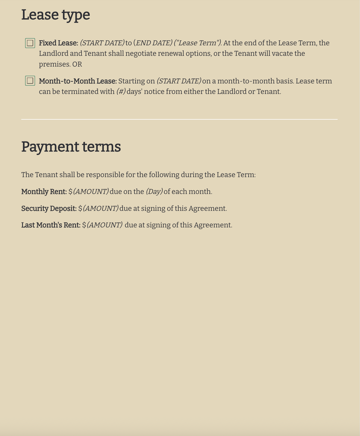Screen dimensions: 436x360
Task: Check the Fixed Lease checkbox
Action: pos(30,43)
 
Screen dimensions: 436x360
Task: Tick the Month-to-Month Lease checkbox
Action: pos(30,81)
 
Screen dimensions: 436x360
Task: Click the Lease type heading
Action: pos(55,15)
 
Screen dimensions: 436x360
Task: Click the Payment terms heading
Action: pos(71,146)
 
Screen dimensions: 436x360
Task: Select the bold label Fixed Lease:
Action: pos(59,43)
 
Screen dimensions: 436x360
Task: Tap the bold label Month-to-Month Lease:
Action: pos(78,81)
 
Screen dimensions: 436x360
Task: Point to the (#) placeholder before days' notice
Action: pos(121,92)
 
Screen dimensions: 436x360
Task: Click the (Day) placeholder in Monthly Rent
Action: pos(154,191)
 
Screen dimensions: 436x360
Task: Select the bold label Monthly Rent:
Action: pos(44,191)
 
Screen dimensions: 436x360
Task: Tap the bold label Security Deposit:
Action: pos(49,208)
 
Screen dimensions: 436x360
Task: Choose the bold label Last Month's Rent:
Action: pos(51,225)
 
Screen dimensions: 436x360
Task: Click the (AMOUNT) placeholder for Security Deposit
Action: pos(101,208)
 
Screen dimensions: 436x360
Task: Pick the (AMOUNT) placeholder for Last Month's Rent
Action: pos(105,225)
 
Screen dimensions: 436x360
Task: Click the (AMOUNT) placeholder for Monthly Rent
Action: pos(91,191)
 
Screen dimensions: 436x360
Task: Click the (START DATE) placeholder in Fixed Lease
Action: pos(102,43)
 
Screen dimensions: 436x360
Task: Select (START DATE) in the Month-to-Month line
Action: pos(179,81)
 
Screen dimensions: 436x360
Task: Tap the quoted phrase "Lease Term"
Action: pos(198,43)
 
